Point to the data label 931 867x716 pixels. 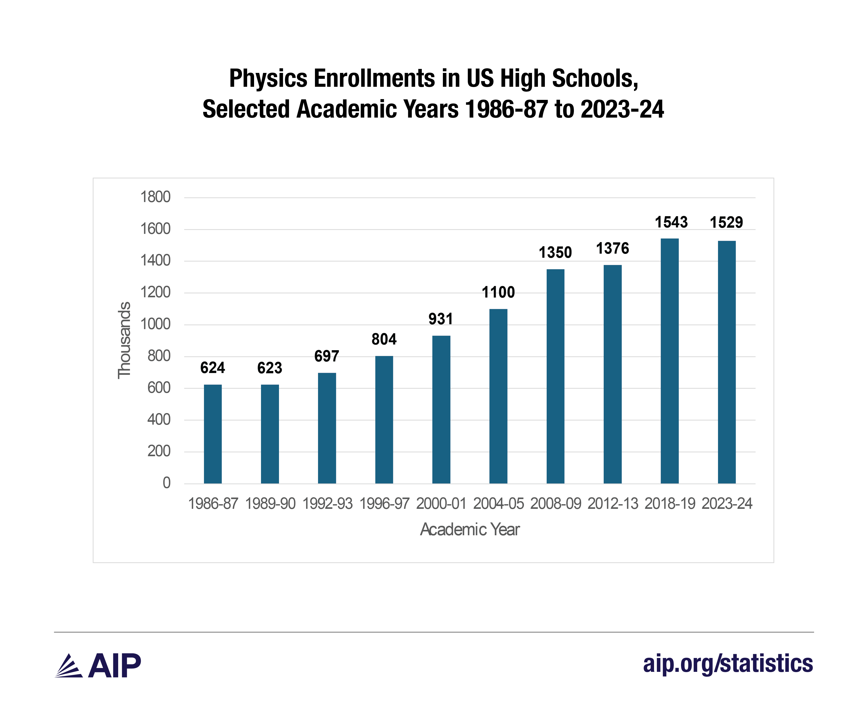click(441, 319)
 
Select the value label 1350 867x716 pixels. click(555, 252)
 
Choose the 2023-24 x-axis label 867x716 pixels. click(727, 504)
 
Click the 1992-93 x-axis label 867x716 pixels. click(327, 504)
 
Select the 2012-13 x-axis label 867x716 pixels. click(612, 504)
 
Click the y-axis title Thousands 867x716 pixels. click(124, 340)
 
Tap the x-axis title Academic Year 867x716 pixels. click(470, 530)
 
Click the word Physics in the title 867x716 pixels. click(268, 78)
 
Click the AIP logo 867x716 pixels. click(98, 665)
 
